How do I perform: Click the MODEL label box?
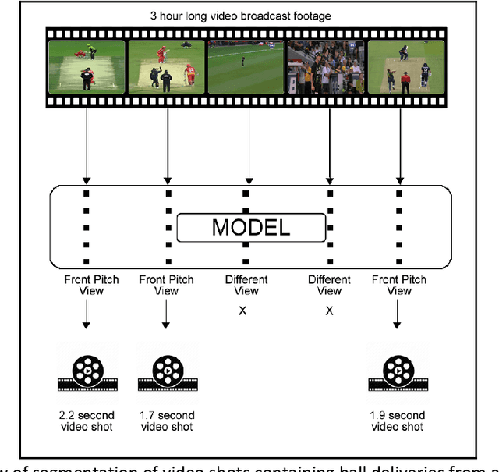(x=250, y=228)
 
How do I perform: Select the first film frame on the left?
(x=86, y=67)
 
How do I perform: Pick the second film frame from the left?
(x=166, y=67)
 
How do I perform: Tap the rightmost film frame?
(x=405, y=67)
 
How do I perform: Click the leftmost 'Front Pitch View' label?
(x=86, y=285)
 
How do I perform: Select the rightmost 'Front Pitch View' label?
(x=398, y=285)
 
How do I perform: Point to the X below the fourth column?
(x=329, y=311)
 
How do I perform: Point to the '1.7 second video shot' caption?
(x=166, y=421)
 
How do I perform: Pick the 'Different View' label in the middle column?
(x=246, y=285)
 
